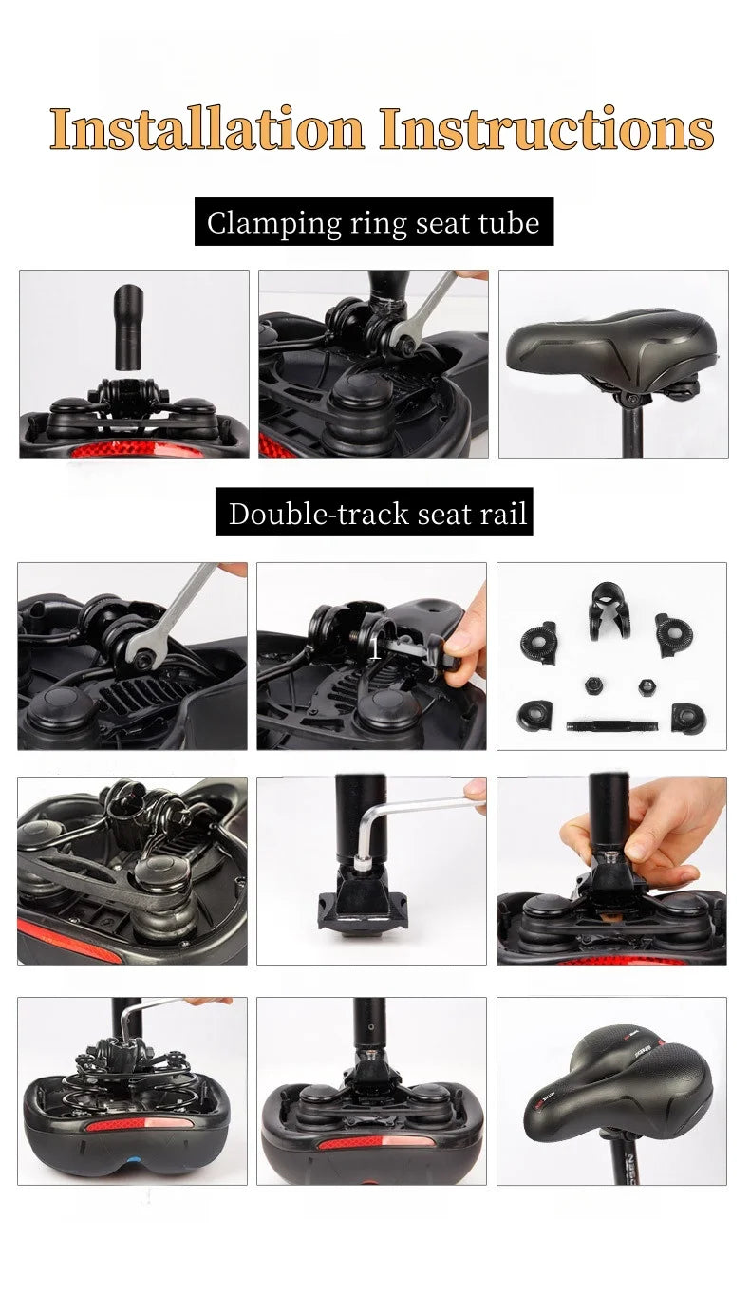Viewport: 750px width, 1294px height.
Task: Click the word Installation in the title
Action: (206, 129)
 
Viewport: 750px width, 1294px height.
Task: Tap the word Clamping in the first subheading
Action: (258, 223)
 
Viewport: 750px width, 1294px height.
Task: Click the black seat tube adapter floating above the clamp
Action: (130, 324)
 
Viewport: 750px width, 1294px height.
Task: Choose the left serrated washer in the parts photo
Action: (539, 643)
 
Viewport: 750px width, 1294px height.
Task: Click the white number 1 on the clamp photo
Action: (376, 648)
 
